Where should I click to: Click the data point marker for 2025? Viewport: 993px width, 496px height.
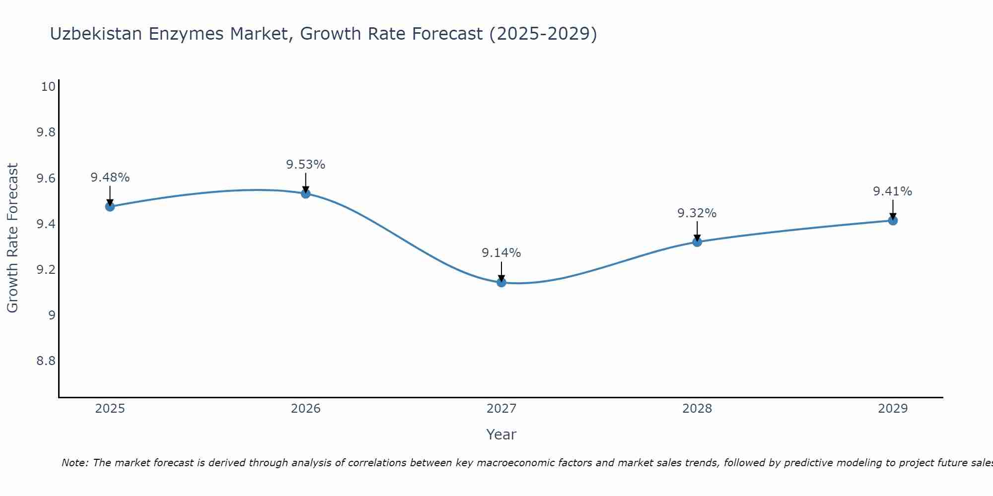[x=110, y=206]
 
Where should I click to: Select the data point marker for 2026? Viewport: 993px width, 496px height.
[x=306, y=193]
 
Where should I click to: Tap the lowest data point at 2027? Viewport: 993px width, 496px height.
[x=501, y=282]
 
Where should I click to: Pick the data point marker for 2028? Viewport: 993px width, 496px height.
[x=697, y=242]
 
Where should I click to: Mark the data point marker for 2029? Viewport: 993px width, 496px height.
[x=893, y=220]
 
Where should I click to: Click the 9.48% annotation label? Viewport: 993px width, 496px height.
[x=110, y=178]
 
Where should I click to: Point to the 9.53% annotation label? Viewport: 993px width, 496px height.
[x=306, y=165]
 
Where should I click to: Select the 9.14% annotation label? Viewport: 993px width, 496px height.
[x=501, y=253]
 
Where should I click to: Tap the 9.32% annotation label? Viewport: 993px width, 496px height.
[x=697, y=213]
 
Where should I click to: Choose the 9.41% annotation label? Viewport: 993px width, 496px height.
[x=893, y=191]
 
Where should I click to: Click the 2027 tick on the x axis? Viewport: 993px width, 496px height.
[x=501, y=409]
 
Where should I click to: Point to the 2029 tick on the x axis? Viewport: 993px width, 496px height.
[x=893, y=409]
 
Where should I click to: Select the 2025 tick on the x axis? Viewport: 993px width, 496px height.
[x=110, y=409]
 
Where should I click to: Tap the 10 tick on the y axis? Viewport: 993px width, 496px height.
[x=48, y=87]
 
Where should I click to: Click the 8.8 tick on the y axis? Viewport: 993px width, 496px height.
[x=46, y=361]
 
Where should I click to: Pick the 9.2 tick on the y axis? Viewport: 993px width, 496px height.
[x=46, y=269]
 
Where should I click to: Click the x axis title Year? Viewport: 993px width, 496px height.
[x=501, y=434]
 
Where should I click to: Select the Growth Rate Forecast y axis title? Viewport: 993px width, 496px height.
[x=13, y=238]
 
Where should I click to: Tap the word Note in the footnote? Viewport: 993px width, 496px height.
[x=74, y=463]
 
